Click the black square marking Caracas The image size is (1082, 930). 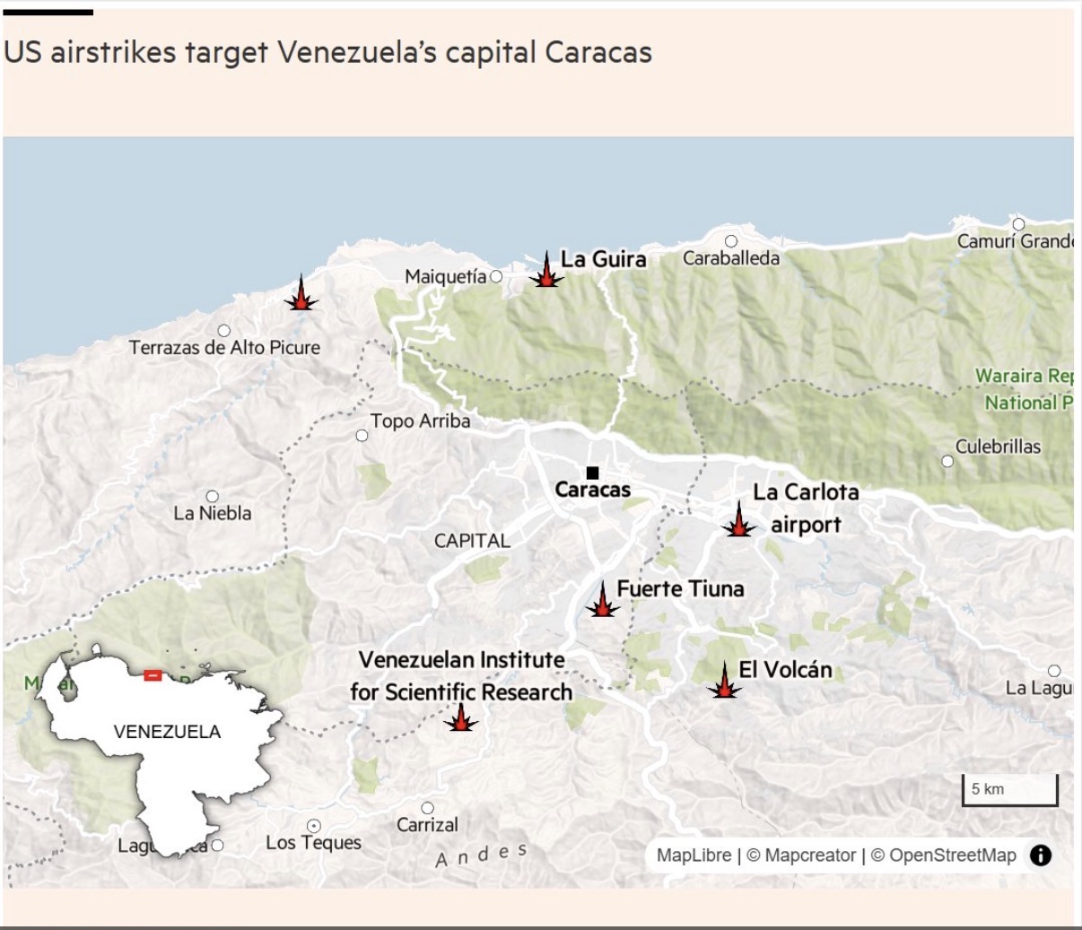click(x=592, y=473)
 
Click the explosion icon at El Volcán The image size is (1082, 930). click(x=724, y=682)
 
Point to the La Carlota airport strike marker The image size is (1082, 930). click(x=738, y=521)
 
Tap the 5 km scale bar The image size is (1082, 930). click(x=1009, y=790)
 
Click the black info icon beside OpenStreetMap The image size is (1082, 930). click(x=1040, y=856)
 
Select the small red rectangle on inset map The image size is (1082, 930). click(x=153, y=674)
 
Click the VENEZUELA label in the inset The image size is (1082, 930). click(x=167, y=732)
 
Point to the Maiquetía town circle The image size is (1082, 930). click(x=496, y=276)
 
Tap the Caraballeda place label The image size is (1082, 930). click(x=730, y=258)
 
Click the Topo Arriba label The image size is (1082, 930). click(x=420, y=421)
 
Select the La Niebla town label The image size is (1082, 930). click(x=213, y=514)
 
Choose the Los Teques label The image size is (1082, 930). click(x=313, y=843)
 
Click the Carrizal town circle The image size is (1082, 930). click(x=427, y=808)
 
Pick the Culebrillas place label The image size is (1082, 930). click(x=998, y=447)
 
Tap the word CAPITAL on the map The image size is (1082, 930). click(x=472, y=541)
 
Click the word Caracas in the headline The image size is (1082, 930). click(x=598, y=53)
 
